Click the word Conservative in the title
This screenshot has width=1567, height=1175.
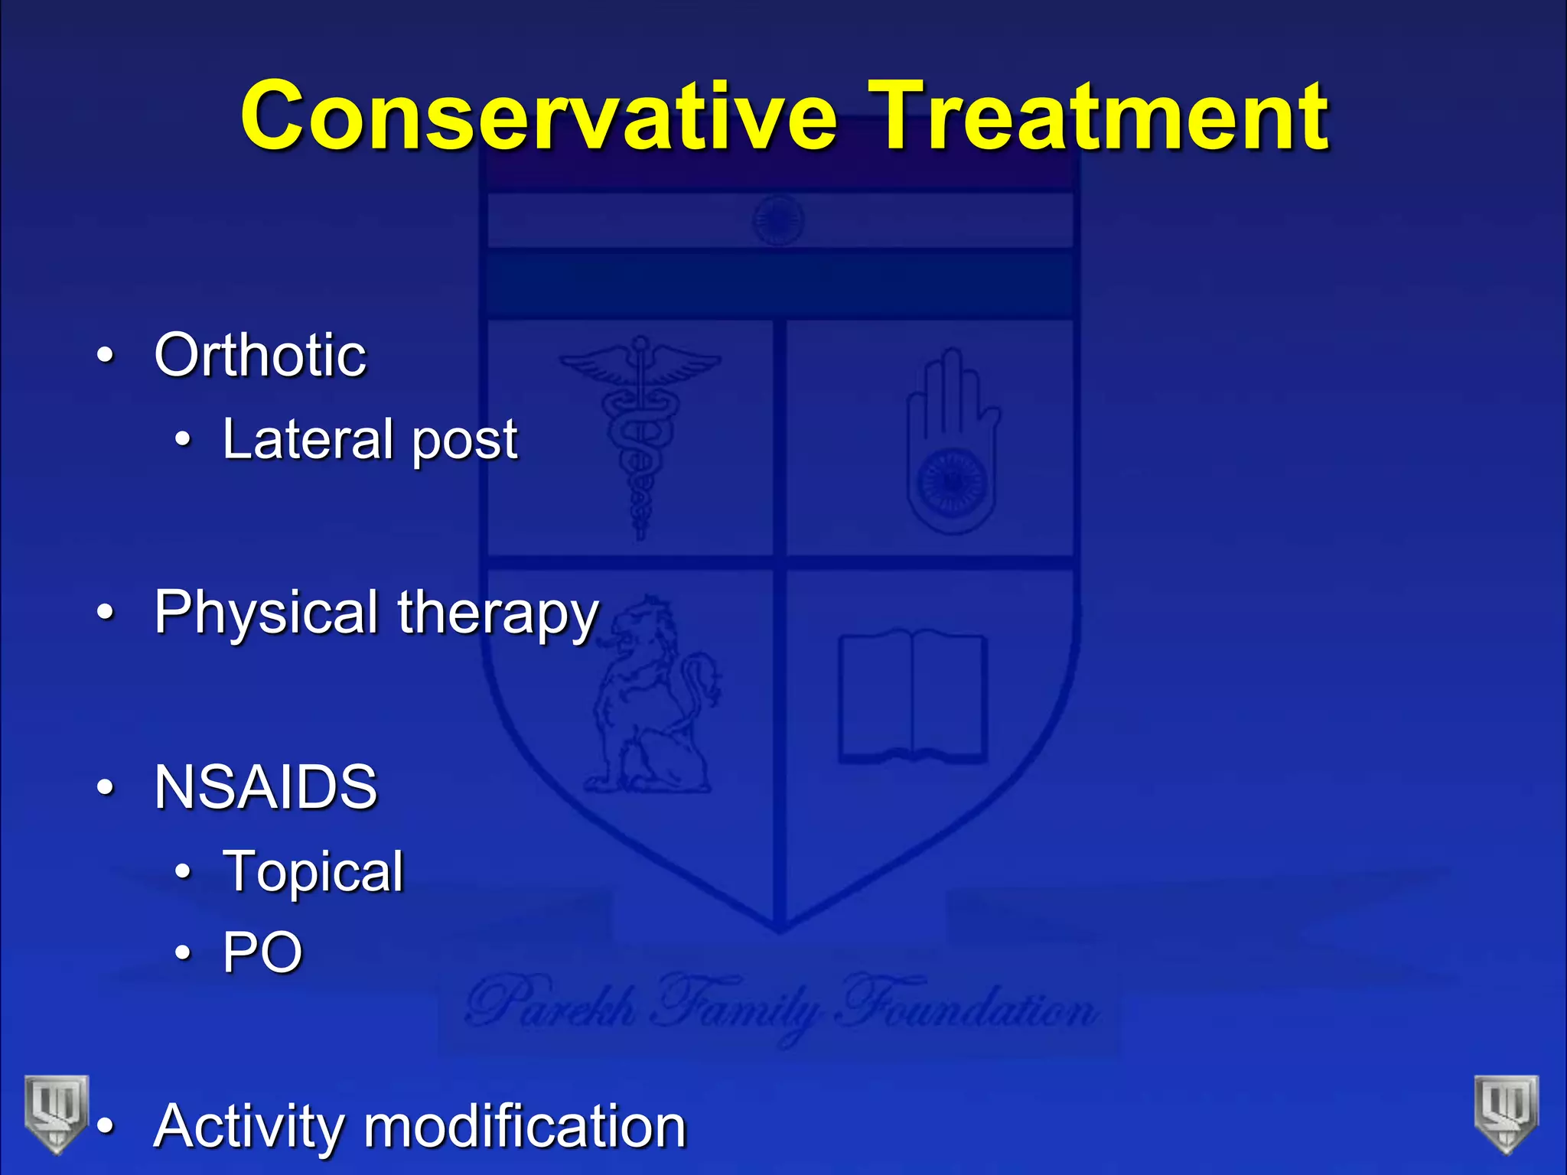coord(539,116)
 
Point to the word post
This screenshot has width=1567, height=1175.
coord(465,442)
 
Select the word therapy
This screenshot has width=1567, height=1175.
coord(497,614)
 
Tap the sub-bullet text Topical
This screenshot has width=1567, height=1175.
coord(312,872)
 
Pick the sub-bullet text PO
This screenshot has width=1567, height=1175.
coord(262,952)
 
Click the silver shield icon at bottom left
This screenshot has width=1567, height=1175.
coord(56,1113)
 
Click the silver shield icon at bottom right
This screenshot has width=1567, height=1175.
coord(1506,1113)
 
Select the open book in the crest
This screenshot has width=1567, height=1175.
coord(912,696)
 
